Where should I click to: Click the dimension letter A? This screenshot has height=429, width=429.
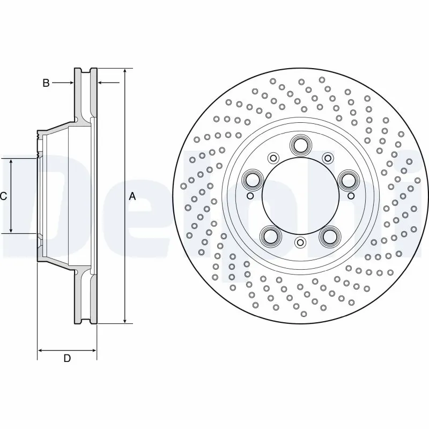click(132, 197)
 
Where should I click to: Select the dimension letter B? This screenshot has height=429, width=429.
click(46, 83)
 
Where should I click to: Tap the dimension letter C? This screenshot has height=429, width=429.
click(3, 197)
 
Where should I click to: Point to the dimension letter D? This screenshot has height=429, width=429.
click(67, 358)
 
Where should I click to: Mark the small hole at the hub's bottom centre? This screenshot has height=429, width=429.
click(300, 242)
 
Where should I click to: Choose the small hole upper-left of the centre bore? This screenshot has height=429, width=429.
click(273, 158)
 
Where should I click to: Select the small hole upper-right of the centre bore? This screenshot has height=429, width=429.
click(327, 158)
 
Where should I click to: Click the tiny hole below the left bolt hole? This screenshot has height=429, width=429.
click(249, 196)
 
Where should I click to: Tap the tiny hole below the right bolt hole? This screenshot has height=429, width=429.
click(351, 196)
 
